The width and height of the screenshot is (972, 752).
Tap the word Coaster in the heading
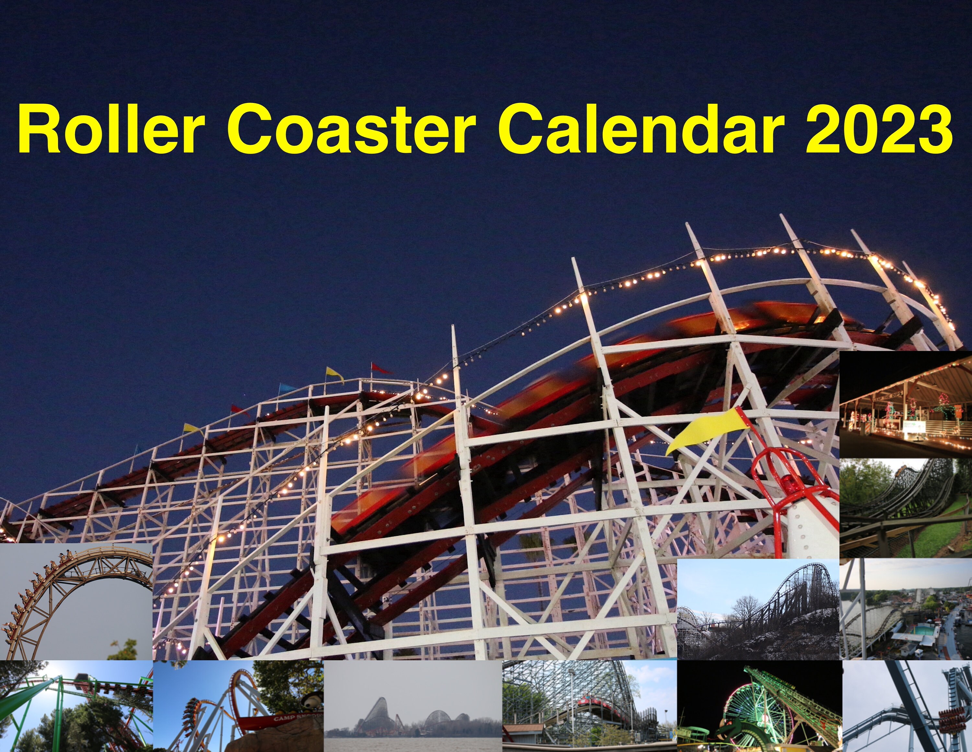(351, 128)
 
